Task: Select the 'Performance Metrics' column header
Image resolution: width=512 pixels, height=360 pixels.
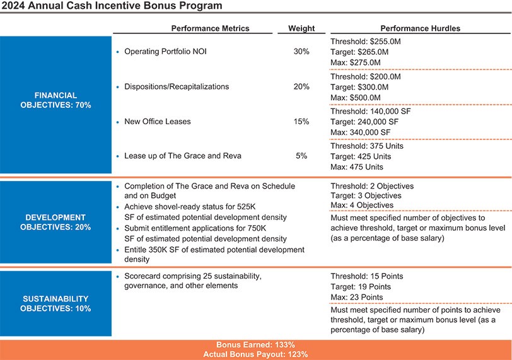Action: (210, 28)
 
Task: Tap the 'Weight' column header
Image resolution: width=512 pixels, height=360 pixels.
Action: (301, 28)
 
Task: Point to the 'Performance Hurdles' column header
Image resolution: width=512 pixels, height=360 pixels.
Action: (421, 28)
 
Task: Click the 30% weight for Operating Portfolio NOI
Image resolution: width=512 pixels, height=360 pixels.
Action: (301, 52)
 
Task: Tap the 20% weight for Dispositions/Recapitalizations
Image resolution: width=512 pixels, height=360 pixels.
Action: (301, 86)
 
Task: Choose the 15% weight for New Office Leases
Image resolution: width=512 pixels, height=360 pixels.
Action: (301, 121)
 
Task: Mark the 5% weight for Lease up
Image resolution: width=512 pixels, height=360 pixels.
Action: (301, 156)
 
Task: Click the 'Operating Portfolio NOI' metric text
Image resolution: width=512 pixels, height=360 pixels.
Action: (165, 52)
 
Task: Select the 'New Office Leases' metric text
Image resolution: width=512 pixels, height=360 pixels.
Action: (157, 121)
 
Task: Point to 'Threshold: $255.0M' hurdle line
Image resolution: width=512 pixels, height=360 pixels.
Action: (366, 41)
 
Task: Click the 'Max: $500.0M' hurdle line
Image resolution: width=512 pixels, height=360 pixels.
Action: (356, 98)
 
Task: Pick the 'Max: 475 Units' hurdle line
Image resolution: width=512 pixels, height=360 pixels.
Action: (357, 167)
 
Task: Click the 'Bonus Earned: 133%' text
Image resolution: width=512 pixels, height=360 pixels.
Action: (255, 345)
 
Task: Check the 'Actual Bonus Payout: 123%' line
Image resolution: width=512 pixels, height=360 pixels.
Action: (255, 354)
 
